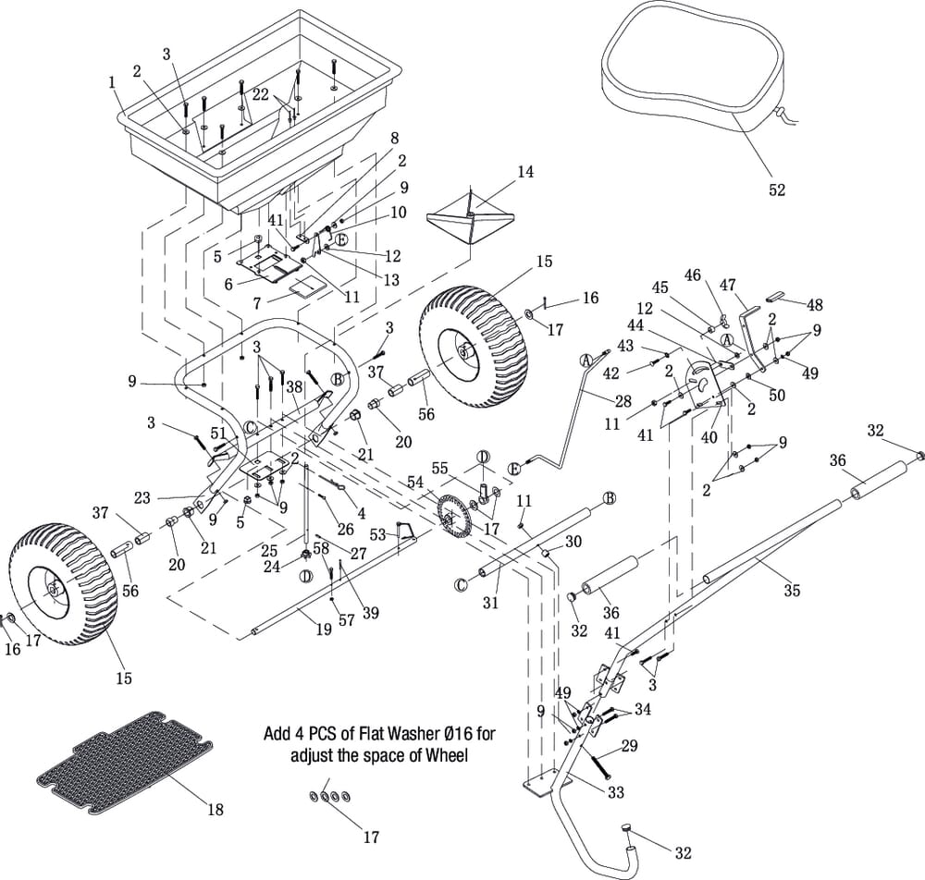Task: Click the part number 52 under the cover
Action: click(x=777, y=189)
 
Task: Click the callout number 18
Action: click(x=215, y=810)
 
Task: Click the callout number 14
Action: click(x=525, y=172)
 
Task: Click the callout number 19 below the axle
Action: click(x=323, y=629)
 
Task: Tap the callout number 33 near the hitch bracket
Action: click(x=615, y=792)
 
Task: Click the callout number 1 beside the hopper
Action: click(x=112, y=81)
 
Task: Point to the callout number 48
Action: click(x=814, y=304)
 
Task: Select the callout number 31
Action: click(x=491, y=603)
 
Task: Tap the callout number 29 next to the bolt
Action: click(x=628, y=745)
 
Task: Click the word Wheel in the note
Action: click(x=446, y=755)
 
